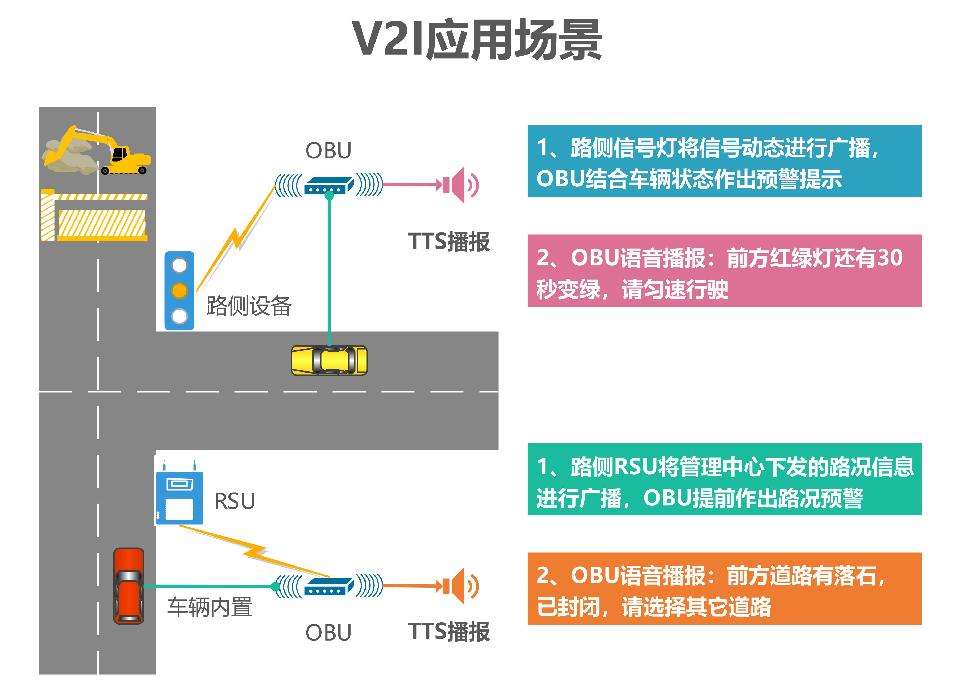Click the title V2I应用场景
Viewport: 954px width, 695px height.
point(477,40)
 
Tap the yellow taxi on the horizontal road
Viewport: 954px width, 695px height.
point(329,361)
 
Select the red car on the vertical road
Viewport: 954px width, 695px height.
point(129,586)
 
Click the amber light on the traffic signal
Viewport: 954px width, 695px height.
point(179,291)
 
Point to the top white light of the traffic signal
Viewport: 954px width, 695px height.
point(179,265)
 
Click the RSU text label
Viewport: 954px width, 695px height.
point(235,501)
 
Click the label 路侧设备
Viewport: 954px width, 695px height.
point(249,306)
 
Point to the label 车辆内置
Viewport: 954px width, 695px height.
point(210,607)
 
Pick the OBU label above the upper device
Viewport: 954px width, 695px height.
point(328,151)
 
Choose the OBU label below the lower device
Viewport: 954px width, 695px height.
point(328,633)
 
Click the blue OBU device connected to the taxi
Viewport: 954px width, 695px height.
point(329,185)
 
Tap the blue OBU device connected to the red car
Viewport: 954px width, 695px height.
point(329,587)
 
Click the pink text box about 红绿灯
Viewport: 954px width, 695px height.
point(724,271)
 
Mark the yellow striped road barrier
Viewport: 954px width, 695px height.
point(95,217)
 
